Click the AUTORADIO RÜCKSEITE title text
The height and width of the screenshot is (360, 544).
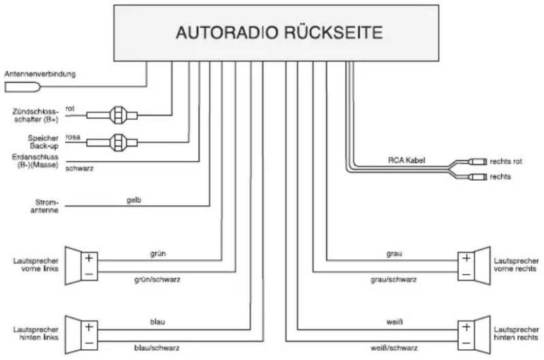pos(279,32)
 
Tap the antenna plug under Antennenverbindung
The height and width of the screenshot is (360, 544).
pos(23,87)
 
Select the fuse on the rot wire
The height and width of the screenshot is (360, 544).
pos(118,115)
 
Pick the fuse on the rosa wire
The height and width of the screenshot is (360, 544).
pos(118,142)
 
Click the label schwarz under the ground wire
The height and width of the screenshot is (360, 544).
pos(80,168)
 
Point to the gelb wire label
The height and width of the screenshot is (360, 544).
pos(134,200)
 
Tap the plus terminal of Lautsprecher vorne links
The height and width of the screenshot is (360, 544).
pos(89,258)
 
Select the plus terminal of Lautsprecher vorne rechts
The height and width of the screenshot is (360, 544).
pos(466,258)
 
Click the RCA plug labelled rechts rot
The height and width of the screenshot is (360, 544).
pos(478,161)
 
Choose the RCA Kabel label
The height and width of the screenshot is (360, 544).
pos(406,160)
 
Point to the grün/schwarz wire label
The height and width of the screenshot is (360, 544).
pos(157,279)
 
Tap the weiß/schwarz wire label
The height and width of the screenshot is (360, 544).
pos(394,348)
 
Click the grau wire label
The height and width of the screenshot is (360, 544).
pos(394,254)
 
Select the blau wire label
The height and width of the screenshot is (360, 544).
pos(158,322)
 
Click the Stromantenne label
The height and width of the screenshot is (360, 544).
pos(45,206)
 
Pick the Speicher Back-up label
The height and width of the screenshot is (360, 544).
pos(43,142)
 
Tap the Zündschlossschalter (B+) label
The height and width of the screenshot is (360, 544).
pos(35,116)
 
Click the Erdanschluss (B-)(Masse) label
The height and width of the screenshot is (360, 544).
pos(35,161)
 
